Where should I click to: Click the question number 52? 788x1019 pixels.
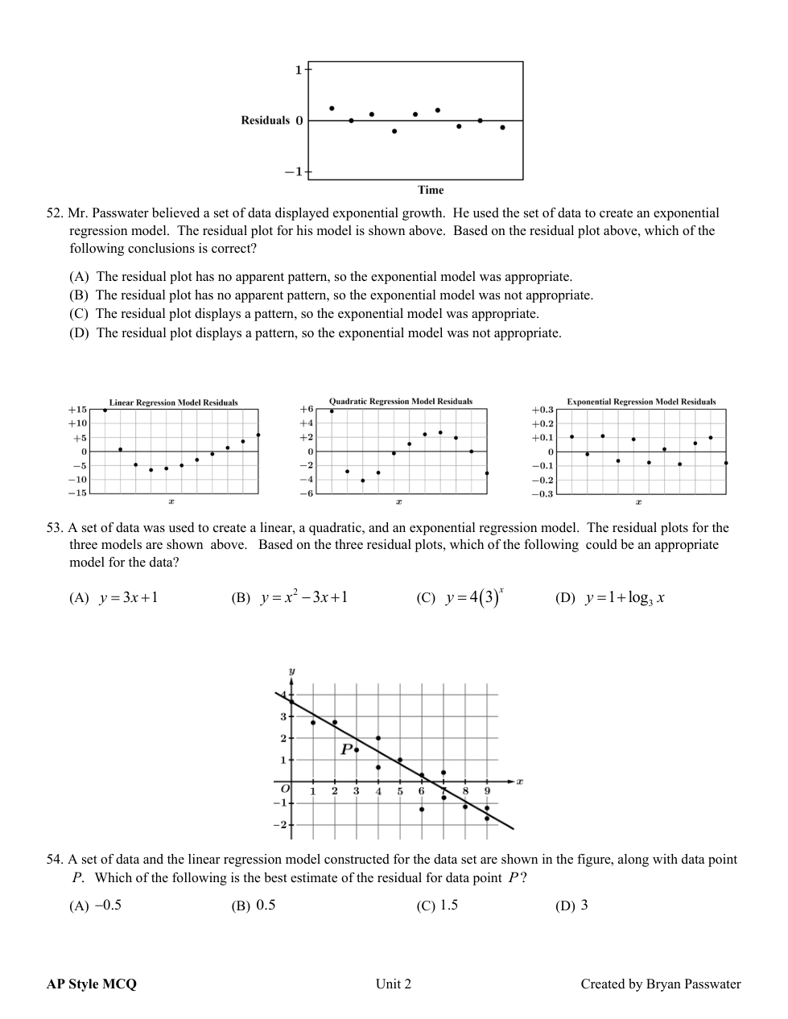point(55,213)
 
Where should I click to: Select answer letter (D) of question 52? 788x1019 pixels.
point(79,333)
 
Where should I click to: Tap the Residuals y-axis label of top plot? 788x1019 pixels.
point(265,121)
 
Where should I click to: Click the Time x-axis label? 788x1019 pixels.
point(431,190)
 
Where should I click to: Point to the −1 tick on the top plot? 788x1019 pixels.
point(293,171)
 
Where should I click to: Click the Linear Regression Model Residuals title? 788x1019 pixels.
point(173,402)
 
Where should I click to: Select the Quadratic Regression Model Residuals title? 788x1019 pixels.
point(401,401)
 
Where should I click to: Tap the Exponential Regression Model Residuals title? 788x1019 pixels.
point(641,402)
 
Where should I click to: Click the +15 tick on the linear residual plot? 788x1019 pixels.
point(77,410)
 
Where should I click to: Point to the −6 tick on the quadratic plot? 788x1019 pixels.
point(307,493)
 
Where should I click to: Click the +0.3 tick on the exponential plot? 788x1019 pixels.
point(543,410)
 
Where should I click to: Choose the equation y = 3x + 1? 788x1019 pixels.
point(129,598)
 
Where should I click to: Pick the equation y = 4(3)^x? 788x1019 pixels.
point(475,598)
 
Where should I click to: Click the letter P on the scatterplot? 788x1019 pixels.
point(347,749)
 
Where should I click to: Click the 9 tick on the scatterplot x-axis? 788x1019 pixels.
point(487,791)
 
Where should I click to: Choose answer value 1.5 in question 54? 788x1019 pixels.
point(449,906)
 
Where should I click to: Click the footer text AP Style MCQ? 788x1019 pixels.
point(92,984)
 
